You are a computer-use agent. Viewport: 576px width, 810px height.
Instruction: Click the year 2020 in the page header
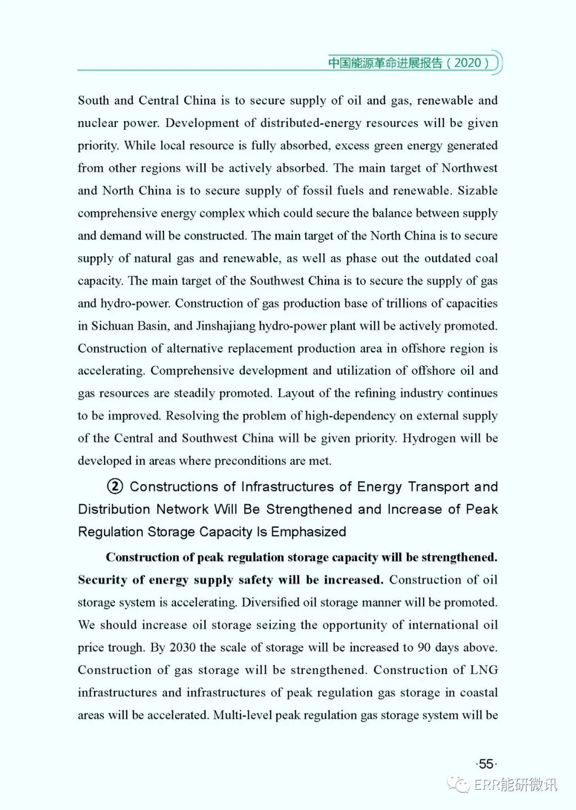tap(468, 62)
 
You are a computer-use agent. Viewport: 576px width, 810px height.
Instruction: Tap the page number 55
tap(486, 764)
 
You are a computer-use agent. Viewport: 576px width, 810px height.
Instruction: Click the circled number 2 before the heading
tap(115, 486)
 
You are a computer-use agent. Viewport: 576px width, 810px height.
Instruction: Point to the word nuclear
tap(97, 123)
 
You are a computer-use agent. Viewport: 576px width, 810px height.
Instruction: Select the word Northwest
tap(469, 168)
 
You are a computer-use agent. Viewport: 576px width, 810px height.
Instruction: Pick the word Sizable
tap(477, 190)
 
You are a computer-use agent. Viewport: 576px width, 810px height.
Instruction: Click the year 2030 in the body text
tap(182, 647)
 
